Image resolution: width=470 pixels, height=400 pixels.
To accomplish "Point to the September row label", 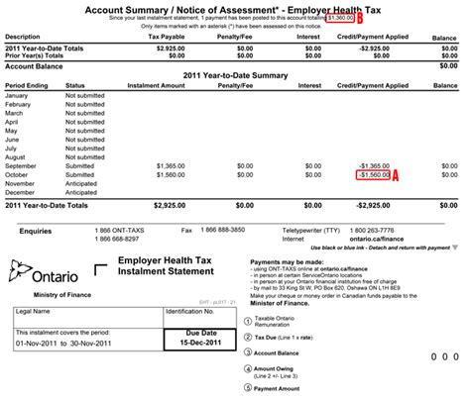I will (x=24, y=165).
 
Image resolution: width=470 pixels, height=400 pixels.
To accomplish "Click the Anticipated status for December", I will (x=85, y=192).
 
